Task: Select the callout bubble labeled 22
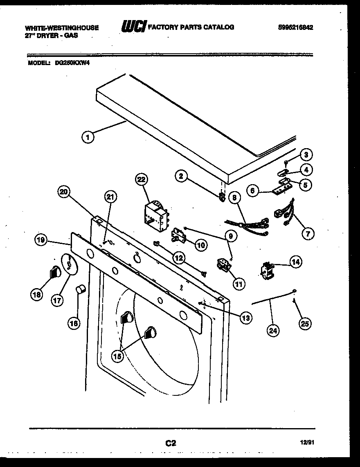pyautogui.click(x=141, y=180)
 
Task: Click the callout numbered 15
pyautogui.click(x=118, y=356)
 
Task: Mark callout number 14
pyautogui.click(x=295, y=261)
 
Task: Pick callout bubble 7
pyautogui.click(x=307, y=234)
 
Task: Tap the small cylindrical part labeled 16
pyautogui.click(x=81, y=290)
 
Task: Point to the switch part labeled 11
pyautogui.click(x=223, y=265)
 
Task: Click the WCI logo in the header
pyautogui.click(x=133, y=27)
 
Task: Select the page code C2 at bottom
pyautogui.click(x=171, y=442)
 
